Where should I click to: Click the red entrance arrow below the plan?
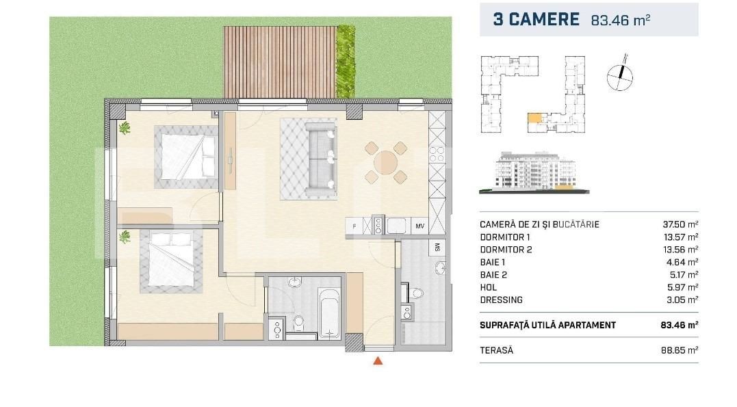pyautogui.click(x=378, y=361)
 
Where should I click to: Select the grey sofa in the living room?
pyautogui.click(x=320, y=159)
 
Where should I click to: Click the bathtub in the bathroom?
pyautogui.click(x=329, y=313)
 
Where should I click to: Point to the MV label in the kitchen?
pyautogui.click(x=419, y=226)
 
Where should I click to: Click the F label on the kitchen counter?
pyautogui.click(x=354, y=226)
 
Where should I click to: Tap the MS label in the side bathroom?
pyautogui.click(x=437, y=247)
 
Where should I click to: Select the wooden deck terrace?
pyautogui.click(x=280, y=62)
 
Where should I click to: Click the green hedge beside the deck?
pyautogui.click(x=346, y=62)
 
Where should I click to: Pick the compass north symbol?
pyautogui.click(x=620, y=75)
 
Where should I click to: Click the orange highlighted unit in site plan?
pyautogui.click(x=534, y=118)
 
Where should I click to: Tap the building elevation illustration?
pyautogui.click(x=534, y=172)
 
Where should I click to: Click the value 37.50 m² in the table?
pyautogui.click(x=680, y=224)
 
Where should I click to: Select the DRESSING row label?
pyautogui.click(x=501, y=300)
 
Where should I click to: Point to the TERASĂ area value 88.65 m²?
pyautogui.click(x=680, y=350)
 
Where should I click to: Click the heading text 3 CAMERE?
pyautogui.click(x=536, y=19)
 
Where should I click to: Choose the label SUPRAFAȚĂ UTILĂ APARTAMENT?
pyautogui.click(x=547, y=325)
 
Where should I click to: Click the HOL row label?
pyautogui.click(x=489, y=287)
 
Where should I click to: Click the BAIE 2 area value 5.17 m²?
pyautogui.click(x=682, y=275)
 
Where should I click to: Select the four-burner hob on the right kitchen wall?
pyautogui.click(x=437, y=155)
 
